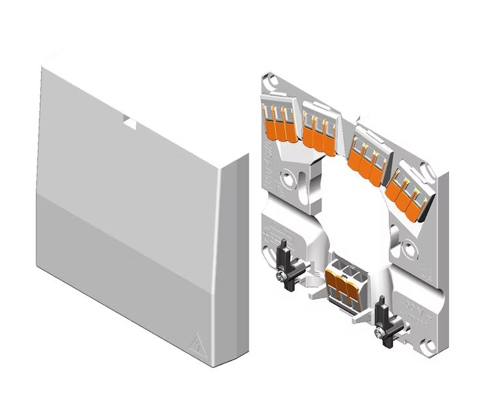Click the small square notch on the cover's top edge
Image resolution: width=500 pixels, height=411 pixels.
[130, 122]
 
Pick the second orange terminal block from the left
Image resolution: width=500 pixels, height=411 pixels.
[319, 131]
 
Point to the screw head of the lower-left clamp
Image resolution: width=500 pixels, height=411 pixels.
[280, 278]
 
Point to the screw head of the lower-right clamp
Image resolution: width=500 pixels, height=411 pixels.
[379, 333]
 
